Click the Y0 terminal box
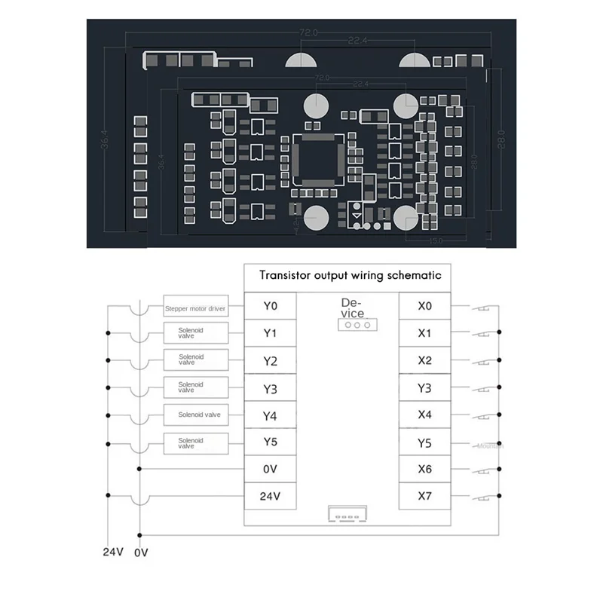(x=271, y=307)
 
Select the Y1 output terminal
(x=271, y=333)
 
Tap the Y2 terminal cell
(x=271, y=360)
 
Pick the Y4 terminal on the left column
(x=271, y=415)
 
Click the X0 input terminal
(x=425, y=307)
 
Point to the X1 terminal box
(x=425, y=333)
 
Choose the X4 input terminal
(x=425, y=415)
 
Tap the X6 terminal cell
(x=425, y=469)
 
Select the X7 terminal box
(x=425, y=497)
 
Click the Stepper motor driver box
(x=195, y=308)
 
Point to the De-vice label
(x=352, y=308)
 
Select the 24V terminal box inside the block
(x=271, y=497)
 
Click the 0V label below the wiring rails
(x=142, y=552)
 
